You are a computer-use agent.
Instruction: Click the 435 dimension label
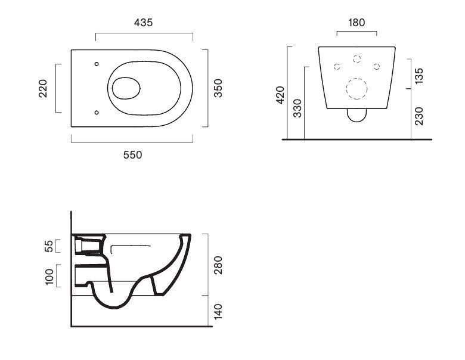click(x=143, y=23)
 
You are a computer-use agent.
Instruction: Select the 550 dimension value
click(x=132, y=155)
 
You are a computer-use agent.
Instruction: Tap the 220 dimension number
click(x=43, y=88)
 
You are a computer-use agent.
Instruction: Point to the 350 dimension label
click(x=218, y=88)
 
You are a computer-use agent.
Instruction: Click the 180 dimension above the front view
click(x=356, y=23)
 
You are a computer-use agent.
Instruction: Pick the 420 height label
click(x=280, y=95)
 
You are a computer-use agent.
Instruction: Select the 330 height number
click(x=297, y=108)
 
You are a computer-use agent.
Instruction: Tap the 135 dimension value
click(x=419, y=76)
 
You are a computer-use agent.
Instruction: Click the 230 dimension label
click(x=419, y=116)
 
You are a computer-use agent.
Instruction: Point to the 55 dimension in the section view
click(x=49, y=246)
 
